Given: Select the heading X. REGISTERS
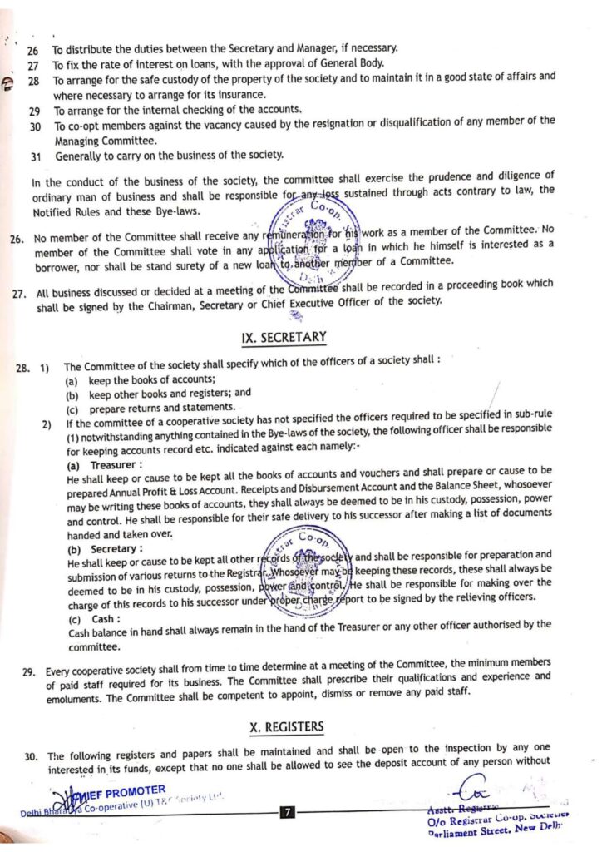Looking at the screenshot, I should [x=287, y=727].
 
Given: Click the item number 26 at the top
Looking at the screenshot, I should [x=34, y=48].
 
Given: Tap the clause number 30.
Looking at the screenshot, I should [x=31, y=756].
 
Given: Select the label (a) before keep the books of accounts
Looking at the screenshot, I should [x=72, y=379].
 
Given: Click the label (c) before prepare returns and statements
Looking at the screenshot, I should [x=72, y=408].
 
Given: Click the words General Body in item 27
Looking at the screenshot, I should [x=358, y=64].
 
